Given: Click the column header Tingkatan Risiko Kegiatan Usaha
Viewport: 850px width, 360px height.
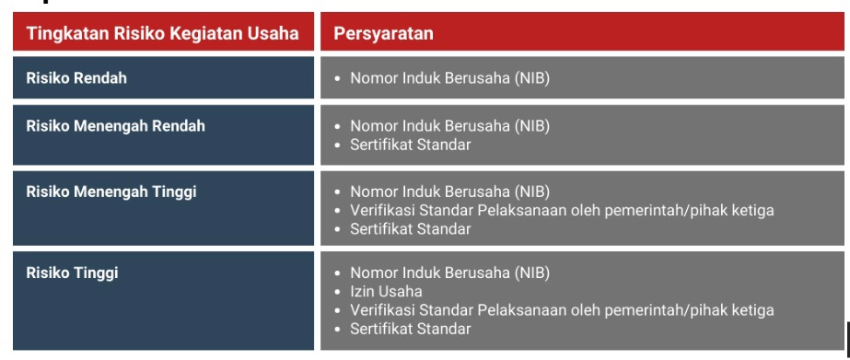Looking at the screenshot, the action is (x=163, y=34).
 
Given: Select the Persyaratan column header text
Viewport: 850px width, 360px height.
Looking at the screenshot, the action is (x=383, y=34).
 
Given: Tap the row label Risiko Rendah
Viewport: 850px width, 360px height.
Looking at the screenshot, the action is (x=76, y=78).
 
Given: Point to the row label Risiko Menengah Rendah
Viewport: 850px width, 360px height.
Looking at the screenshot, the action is (x=115, y=126).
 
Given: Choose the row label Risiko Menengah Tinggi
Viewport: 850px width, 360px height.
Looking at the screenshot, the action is (x=111, y=192).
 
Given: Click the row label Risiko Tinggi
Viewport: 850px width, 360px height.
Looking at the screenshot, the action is (x=72, y=273).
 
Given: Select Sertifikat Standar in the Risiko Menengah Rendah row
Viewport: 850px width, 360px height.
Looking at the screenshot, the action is (x=411, y=145).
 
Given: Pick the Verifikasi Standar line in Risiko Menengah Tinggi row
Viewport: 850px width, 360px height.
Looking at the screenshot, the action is (x=562, y=210).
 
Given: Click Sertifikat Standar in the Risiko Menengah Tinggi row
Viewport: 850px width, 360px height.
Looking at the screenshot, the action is (x=411, y=228).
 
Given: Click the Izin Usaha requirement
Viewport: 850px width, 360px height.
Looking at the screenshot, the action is (x=386, y=291).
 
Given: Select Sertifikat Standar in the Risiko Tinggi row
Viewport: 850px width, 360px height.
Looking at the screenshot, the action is (x=411, y=329).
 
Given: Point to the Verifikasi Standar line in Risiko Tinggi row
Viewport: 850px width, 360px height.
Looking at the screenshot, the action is (x=562, y=310).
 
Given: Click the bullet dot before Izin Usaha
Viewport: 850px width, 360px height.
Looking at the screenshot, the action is (x=338, y=292).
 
